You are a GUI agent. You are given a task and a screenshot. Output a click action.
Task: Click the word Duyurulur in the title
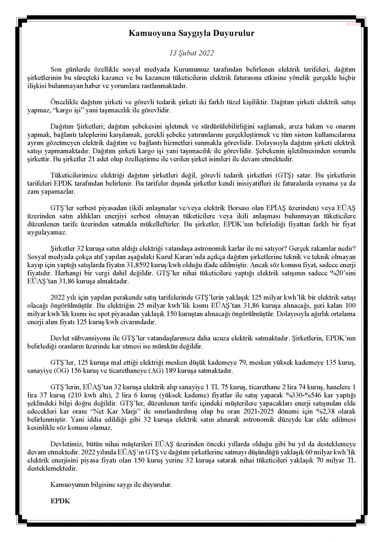(235, 34)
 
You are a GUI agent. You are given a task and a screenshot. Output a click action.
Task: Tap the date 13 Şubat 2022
(191, 53)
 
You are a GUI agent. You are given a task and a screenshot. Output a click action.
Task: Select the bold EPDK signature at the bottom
(60, 501)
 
